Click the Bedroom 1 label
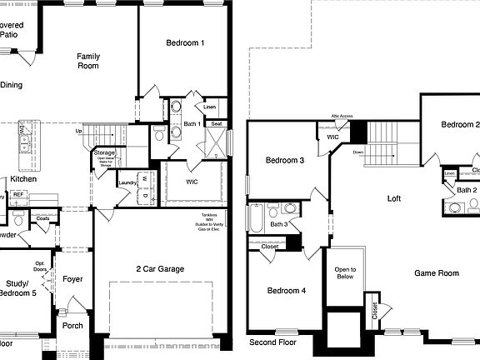click(185, 42)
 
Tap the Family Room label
click(88, 61)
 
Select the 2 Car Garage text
click(160, 269)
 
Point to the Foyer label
click(73, 279)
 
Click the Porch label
click(73, 325)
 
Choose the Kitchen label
click(22, 179)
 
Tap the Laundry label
click(128, 182)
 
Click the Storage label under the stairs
click(104, 153)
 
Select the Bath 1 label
click(192, 124)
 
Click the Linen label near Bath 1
click(210, 107)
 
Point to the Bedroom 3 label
click(284, 160)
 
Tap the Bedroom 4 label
click(286, 291)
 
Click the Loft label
click(395, 198)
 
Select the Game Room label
click(437, 273)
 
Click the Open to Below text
click(346, 273)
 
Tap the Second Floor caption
click(272, 342)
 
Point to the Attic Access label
click(342, 116)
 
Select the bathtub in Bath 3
click(256, 218)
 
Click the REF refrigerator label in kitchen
click(17, 194)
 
